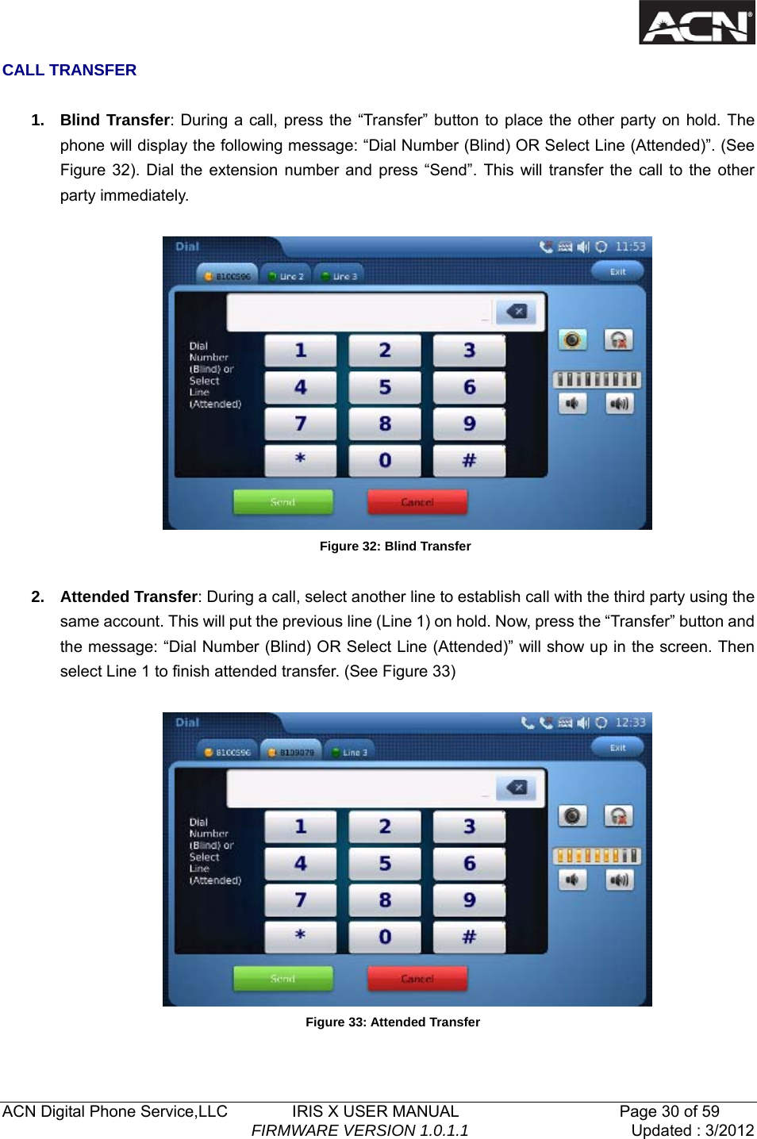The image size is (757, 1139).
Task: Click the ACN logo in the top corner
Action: (697, 23)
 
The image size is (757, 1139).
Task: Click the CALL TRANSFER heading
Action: (70, 71)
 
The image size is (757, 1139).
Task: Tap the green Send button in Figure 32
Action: (283, 502)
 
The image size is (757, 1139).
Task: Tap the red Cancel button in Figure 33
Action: (417, 979)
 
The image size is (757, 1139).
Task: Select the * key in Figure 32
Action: (301, 460)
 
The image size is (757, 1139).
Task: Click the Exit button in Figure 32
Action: (617, 272)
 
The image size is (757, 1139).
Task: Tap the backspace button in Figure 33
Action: (517, 788)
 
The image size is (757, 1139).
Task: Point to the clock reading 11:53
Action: (631, 247)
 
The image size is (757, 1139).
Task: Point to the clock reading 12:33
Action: (631, 723)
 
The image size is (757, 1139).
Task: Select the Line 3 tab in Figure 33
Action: (350, 752)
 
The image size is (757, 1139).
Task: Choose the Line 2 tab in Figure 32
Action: (286, 276)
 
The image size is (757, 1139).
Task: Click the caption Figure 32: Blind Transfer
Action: (395, 546)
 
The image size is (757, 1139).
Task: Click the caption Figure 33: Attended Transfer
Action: (393, 1022)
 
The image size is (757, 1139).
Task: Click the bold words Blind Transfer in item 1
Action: (115, 121)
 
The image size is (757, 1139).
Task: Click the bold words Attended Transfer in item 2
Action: (129, 596)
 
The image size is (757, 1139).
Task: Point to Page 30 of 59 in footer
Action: (669, 1111)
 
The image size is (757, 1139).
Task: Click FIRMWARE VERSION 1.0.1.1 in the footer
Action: (359, 1130)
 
